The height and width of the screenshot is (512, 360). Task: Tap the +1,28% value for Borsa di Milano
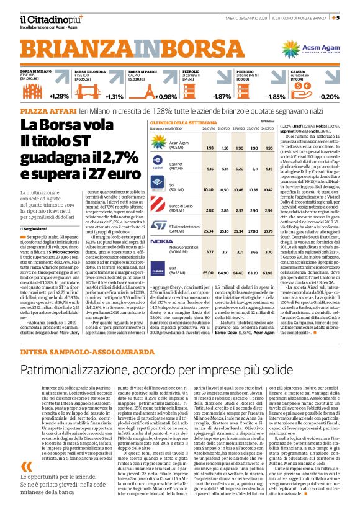pyautogui.click(x=58, y=96)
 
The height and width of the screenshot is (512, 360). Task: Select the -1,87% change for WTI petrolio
pyautogui.click(x=222, y=96)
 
